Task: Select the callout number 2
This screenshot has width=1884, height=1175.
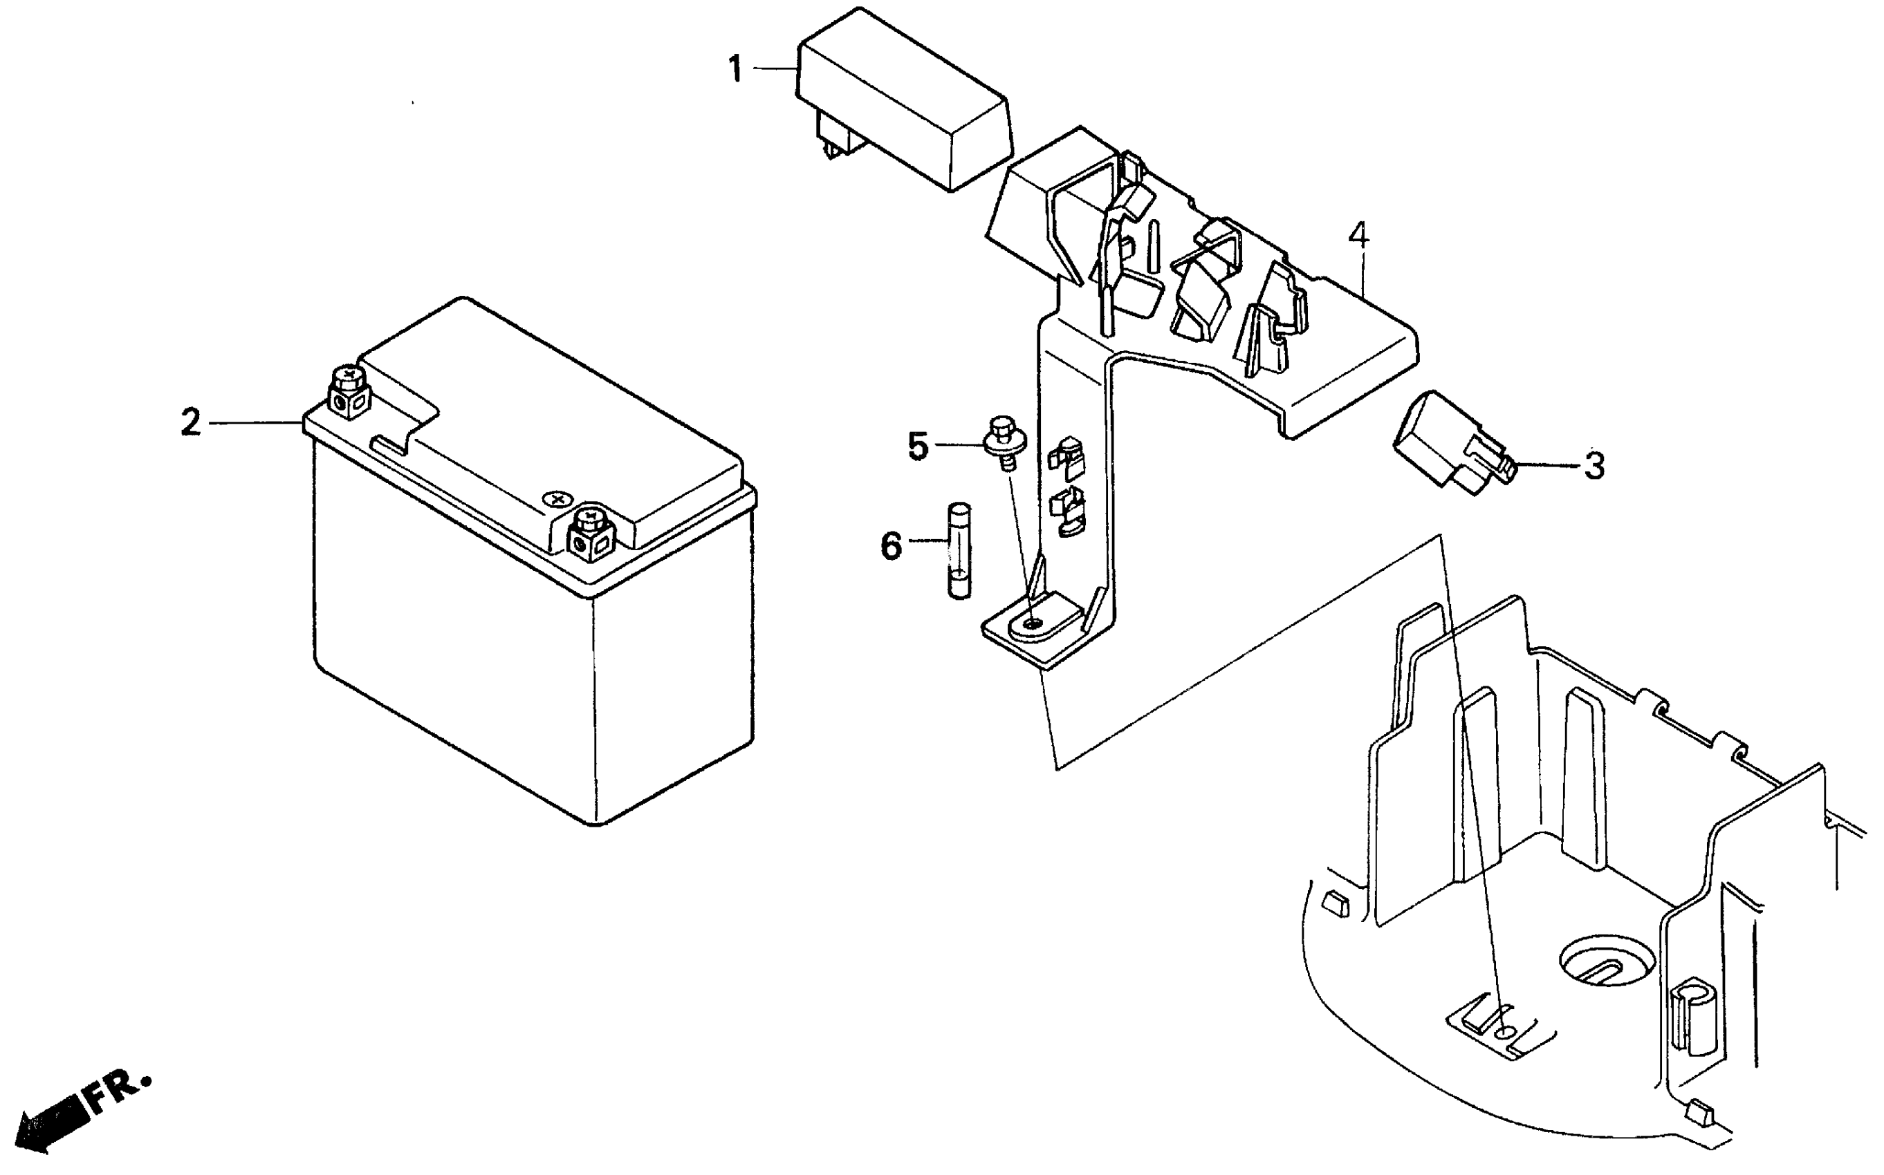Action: point(190,422)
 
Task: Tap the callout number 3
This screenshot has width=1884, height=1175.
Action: point(1594,467)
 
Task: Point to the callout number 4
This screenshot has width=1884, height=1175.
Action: point(1358,235)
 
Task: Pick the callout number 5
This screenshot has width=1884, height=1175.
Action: point(918,446)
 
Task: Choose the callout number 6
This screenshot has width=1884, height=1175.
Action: point(891,545)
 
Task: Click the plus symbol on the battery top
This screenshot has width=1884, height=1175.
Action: point(557,498)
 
